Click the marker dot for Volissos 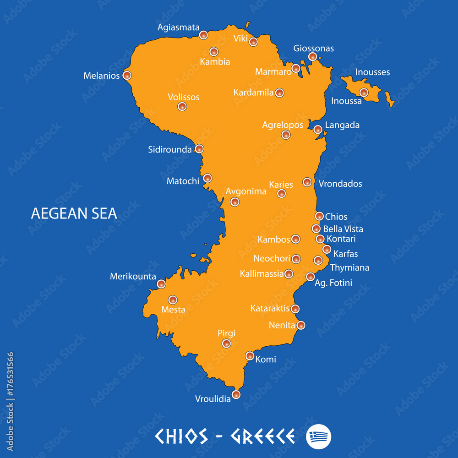(182, 107)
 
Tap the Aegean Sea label (74, 213)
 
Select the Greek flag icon (318, 436)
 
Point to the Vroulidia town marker (236, 394)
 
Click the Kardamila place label (253, 93)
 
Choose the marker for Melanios (127, 76)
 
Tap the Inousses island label (372, 72)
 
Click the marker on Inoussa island (364, 93)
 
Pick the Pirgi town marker (226, 343)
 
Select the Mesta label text (173, 310)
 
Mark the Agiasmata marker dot (203, 35)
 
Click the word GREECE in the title (262, 436)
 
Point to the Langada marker (318, 130)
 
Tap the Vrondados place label (340, 184)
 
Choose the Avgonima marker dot (234, 202)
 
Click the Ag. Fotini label (333, 283)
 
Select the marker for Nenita (300, 325)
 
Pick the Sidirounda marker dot (199, 149)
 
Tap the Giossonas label (313, 49)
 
